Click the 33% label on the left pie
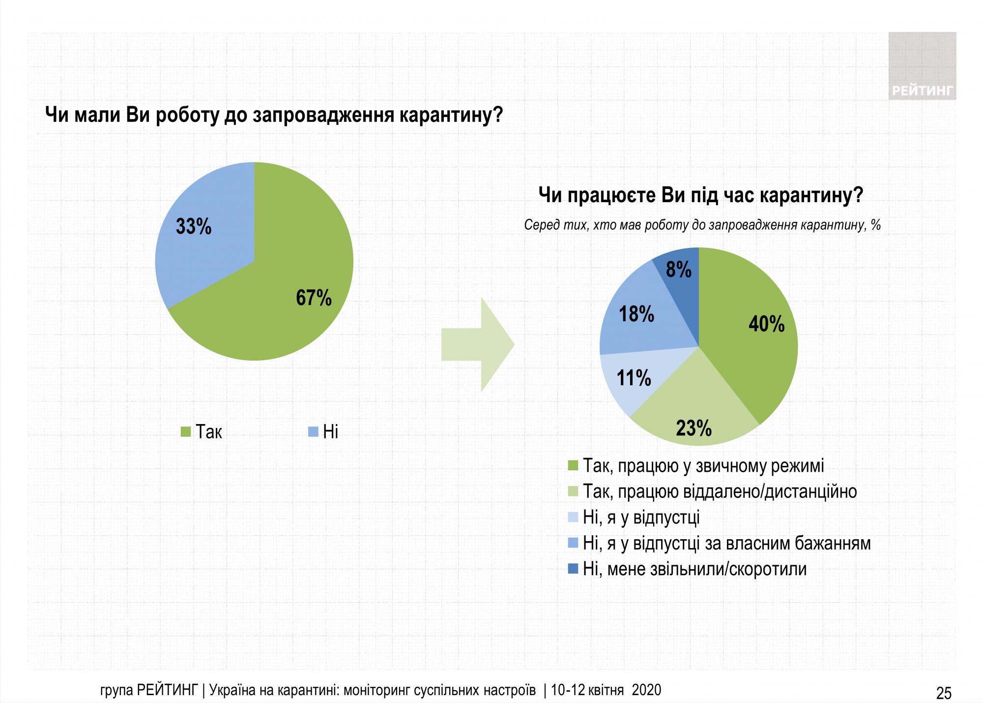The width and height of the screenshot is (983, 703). pos(194,227)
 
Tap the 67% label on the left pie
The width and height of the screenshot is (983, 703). pos(314,298)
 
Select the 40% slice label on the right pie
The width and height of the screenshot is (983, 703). pos(767,324)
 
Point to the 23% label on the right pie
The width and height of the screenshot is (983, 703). pos(694,428)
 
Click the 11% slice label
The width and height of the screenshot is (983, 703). pos(634,378)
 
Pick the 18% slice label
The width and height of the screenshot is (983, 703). pos(636,314)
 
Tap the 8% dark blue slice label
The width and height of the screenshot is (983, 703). pos(679,270)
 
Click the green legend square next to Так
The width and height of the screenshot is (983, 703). pos(186,432)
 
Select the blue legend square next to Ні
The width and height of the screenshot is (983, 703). pos(313,432)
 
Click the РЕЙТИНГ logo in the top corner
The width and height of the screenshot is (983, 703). pos(922,66)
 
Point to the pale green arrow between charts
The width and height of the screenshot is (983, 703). pos(477,344)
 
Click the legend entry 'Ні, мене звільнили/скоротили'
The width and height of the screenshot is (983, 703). pos(694,569)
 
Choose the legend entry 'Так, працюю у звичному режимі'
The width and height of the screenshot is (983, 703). pos(703,465)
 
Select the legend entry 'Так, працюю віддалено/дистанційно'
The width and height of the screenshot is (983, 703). pos(720,491)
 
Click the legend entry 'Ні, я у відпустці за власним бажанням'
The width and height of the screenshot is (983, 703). pos(726,543)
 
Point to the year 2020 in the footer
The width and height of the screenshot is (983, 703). pos(646,690)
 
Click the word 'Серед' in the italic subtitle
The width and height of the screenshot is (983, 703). pos(540,225)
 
